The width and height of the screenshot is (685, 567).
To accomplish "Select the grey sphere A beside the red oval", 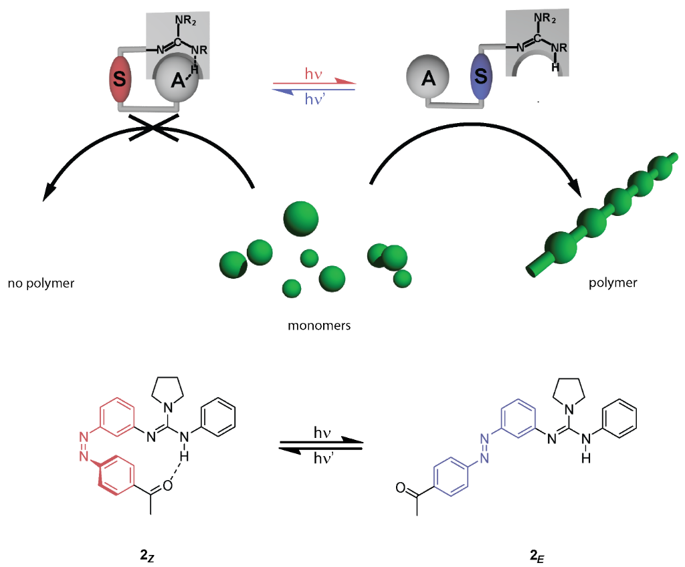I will tap(176, 80).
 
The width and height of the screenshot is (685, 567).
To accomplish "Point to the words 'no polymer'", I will tap(41, 283).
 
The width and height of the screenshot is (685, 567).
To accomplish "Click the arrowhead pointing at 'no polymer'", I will tap(47, 195).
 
